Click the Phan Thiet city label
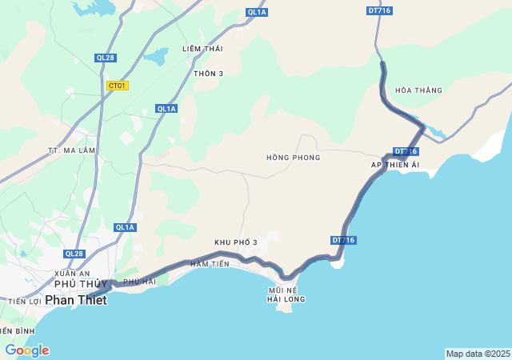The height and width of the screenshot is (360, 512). [75, 299]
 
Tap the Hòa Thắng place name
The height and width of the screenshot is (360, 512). [418, 90]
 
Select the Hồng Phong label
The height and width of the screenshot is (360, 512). [294, 158]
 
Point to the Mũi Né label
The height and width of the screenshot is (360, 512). [283, 290]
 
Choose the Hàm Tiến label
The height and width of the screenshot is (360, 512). [210, 264]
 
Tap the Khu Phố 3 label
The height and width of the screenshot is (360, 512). [236, 242]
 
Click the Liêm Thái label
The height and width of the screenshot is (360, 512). [202, 49]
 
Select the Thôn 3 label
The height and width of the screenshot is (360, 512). [209, 74]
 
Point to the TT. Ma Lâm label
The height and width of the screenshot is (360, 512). [72, 150]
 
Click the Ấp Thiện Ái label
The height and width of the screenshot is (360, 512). [395, 164]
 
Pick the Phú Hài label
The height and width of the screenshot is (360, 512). [140, 282]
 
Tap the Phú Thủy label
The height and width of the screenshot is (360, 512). [80, 284]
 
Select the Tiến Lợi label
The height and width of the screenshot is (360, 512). [24, 302]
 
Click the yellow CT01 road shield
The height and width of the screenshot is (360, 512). [118, 86]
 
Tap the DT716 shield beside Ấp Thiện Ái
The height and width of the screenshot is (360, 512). [406, 151]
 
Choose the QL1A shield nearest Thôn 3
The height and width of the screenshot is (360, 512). [166, 109]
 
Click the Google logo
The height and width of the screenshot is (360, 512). [26, 350]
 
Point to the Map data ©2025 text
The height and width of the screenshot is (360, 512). [478, 354]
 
